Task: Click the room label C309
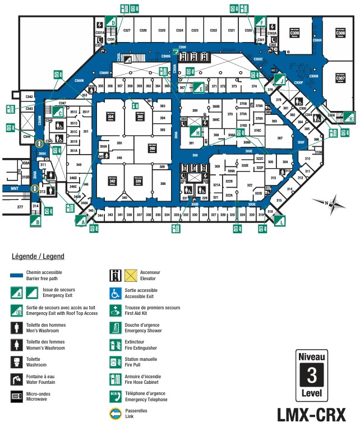tap(294, 34)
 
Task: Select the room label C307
tap(340, 78)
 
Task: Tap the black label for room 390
tap(151, 148)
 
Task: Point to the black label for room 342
tap(112, 181)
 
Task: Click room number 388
tap(163, 184)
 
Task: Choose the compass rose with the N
tap(331, 204)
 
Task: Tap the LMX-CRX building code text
tap(311, 415)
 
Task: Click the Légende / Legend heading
tap(38, 257)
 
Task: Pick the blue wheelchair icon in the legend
tap(116, 293)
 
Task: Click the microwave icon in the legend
tap(16, 397)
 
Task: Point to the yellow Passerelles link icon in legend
tap(116, 415)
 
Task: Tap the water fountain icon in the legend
tap(16, 379)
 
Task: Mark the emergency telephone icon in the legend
tap(116, 397)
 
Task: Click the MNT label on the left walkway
tap(15, 189)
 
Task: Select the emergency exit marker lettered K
tap(350, 119)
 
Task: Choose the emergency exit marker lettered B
tap(36, 221)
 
